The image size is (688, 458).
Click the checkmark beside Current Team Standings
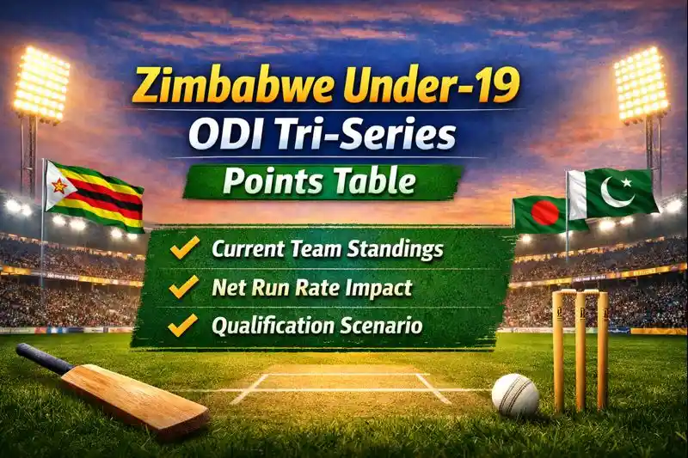183,250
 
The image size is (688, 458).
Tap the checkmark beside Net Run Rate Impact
183,288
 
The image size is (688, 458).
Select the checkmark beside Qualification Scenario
183,326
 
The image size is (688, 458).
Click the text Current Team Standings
328,250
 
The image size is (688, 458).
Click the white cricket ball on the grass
515,395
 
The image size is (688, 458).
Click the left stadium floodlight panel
40,85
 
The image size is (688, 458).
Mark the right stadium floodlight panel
641,83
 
